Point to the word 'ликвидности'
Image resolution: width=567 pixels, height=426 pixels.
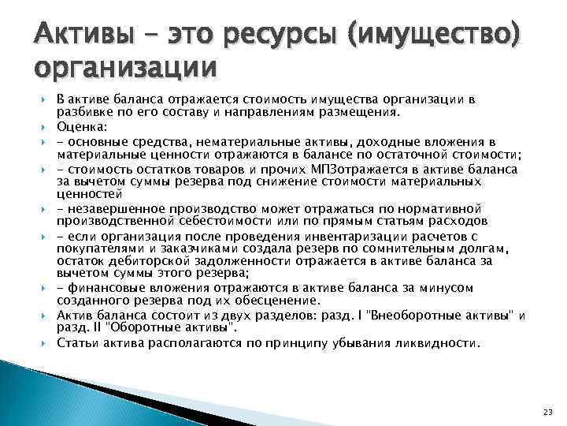[434, 343]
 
